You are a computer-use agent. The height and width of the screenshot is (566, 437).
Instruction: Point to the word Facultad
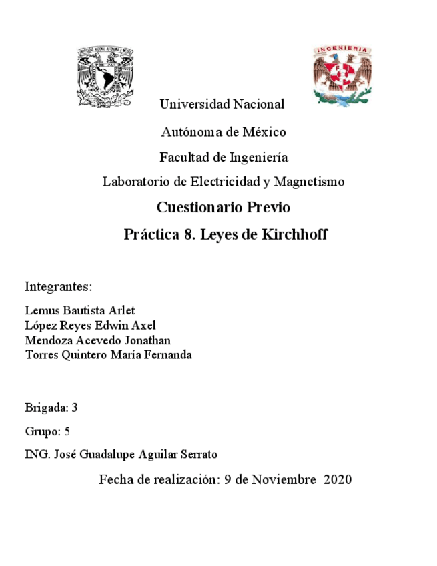(x=184, y=158)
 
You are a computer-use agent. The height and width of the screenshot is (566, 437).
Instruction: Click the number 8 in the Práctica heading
(x=188, y=235)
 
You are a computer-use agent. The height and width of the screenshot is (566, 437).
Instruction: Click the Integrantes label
(x=57, y=287)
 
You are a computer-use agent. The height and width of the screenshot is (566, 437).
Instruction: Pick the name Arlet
(x=121, y=311)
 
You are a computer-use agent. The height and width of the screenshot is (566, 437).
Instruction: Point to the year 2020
(x=337, y=479)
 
